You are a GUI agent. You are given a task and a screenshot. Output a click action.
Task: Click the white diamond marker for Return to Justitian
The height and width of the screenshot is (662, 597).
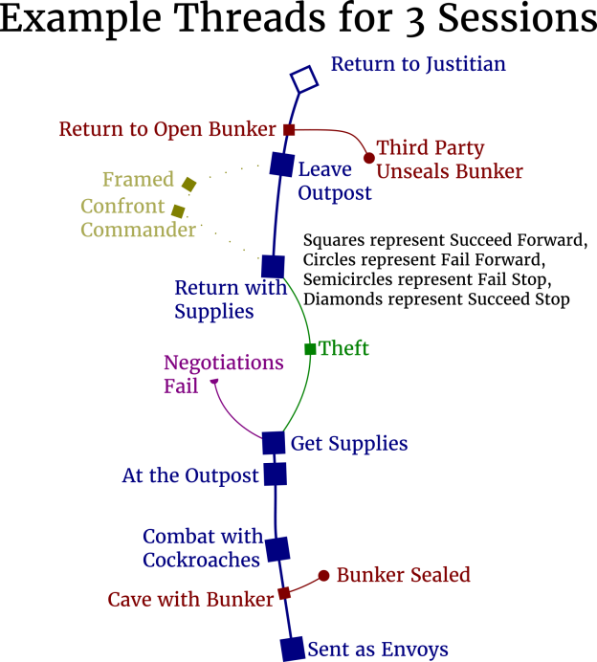click(x=304, y=78)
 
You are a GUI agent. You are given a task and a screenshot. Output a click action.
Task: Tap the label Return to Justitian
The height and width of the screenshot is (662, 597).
click(x=418, y=64)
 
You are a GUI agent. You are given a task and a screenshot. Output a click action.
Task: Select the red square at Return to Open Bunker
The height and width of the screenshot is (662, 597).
click(x=289, y=128)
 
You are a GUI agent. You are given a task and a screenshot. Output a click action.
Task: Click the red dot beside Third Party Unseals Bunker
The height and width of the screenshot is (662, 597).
click(x=369, y=158)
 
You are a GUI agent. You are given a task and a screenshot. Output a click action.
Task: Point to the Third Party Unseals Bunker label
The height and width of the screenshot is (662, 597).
click(x=449, y=160)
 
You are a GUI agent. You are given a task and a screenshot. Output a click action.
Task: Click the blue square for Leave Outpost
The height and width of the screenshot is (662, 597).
click(x=281, y=164)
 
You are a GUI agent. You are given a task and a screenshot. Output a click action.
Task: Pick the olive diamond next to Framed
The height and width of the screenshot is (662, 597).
click(x=189, y=185)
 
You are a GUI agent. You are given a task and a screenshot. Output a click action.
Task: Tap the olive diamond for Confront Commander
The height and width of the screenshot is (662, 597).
click(x=178, y=210)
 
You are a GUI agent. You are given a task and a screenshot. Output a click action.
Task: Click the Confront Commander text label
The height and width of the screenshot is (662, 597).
click(x=138, y=219)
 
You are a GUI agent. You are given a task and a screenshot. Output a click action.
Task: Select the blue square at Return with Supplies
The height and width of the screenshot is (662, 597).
click(x=274, y=267)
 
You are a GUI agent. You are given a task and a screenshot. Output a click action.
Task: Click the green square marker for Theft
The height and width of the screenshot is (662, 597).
click(x=310, y=349)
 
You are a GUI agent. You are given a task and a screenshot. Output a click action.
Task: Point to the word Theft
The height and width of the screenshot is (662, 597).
click(x=343, y=348)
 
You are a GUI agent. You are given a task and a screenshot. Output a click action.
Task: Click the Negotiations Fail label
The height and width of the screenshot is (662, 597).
click(x=223, y=374)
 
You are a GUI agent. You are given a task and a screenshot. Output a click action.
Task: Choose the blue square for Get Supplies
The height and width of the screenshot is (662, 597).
click(x=274, y=442)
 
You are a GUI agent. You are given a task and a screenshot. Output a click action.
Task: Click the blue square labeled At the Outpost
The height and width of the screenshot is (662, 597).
click(x=276, y=474)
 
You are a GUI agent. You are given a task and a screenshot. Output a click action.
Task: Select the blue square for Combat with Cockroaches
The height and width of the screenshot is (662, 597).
click(x=277, y=549)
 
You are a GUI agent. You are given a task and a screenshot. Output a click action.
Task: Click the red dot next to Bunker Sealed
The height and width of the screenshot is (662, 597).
click(x=324, y=575)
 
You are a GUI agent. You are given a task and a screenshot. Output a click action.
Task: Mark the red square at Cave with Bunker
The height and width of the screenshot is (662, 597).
click(x=284, y=593)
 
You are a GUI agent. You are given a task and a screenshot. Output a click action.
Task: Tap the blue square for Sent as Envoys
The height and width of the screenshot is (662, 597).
click(x=293, y=649)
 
